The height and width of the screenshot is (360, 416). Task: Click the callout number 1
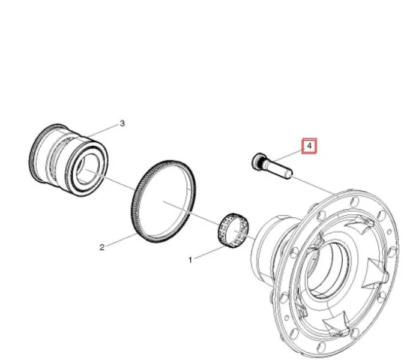pyautogui.click(x=190, y=260)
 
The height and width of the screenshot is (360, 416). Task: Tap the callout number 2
pyautogui.click(x=102, y=247)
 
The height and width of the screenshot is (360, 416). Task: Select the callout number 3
pyautogui.click(x=122, y=123)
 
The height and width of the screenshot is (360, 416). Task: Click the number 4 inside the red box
pyautogui.click(x=309, y=146)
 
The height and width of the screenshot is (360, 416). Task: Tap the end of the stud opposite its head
pyautogui.click(x=289, y=174)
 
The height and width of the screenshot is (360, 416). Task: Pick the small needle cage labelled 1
pyautogui.click(x=234, y=230)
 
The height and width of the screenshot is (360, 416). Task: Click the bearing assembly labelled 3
pyautogui.click(x=68, y=160)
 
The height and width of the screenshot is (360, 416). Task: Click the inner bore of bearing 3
pyautogui.click(x=85, y=170)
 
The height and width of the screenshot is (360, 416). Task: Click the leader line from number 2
pyautogui.click(x=121, y=240)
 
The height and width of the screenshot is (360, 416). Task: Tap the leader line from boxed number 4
pyautogui.click(x=288, y=157)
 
